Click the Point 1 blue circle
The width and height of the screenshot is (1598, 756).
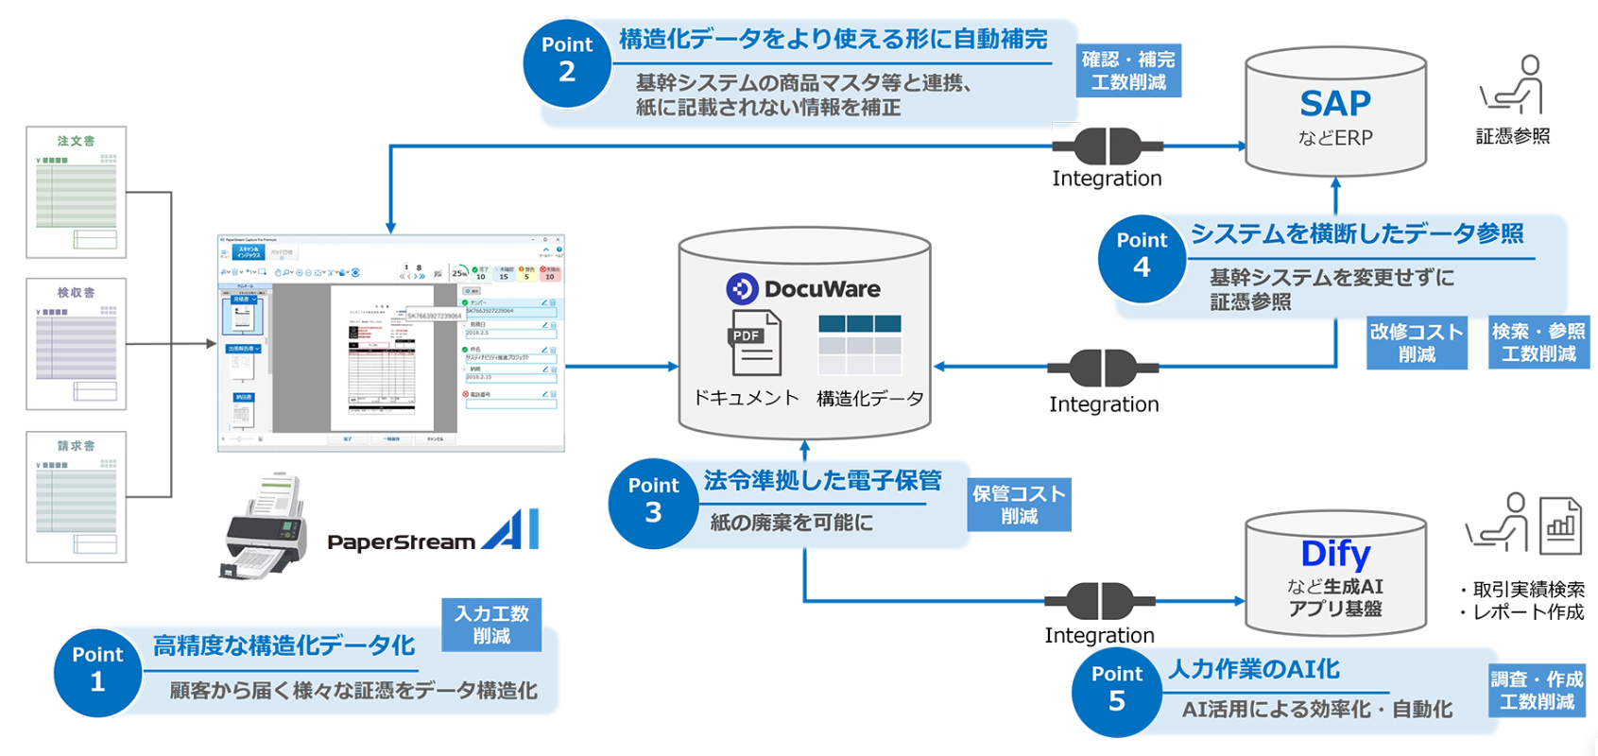point(97,671)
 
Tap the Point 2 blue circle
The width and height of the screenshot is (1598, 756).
point(567,61)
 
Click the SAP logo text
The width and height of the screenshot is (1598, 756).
point(1334,103)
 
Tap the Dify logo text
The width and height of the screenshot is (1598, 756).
point(1334,554)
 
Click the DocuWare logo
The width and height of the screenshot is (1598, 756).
point(803,288)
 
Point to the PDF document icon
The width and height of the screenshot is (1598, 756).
point(754,343)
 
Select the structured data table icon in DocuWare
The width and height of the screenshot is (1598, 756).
point(860,346)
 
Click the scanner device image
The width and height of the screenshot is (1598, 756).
point(266,526)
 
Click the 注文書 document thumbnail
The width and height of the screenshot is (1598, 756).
point(77,192)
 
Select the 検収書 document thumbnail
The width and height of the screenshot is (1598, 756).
point(77,344)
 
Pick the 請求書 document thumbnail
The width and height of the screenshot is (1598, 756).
point(77,497)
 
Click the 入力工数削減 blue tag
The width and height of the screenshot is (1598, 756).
point(491,626)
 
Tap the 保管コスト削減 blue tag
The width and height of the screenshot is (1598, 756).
point(1019,505)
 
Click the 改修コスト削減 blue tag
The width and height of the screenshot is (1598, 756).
point(1416,343)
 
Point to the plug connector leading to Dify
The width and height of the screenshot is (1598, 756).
point(1099,601)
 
